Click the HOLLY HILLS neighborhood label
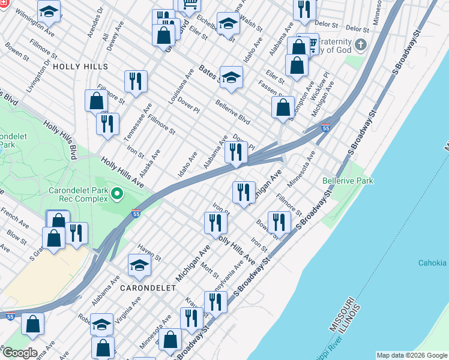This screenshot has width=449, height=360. tap(80, 67)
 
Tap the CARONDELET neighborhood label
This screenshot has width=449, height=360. tap(144, 288)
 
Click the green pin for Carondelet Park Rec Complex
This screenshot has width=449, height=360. tap(116, 193)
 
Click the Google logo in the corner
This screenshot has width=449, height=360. tap(19, 352)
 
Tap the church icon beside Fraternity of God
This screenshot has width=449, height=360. tap(360, 44)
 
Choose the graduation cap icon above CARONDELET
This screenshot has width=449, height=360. tap(139, 265)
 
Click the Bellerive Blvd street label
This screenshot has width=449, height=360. tap(232, 112)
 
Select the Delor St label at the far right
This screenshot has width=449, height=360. tap(357, 28)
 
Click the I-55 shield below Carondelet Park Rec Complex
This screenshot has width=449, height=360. tap(136, 212)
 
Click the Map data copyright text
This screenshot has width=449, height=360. tap(411, 355)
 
